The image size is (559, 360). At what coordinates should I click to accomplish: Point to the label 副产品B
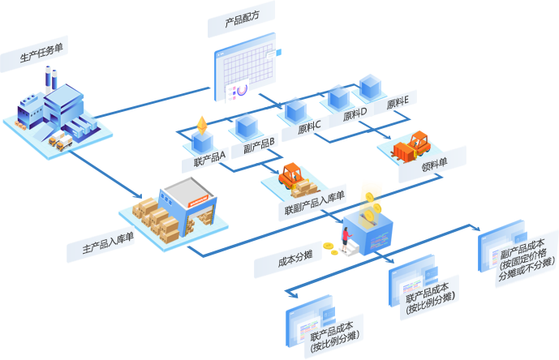click(x=260, y=149)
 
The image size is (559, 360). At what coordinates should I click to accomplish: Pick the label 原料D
click(x=355, y=114)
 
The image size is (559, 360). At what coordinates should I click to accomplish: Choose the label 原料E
click(x=398, y=103)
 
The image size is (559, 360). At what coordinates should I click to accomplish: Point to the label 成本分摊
click(x=289, y=261)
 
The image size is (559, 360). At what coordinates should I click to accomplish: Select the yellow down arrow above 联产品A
click(x=200, y=124)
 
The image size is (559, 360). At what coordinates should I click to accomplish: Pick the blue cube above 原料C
click(x=295, y=108)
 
